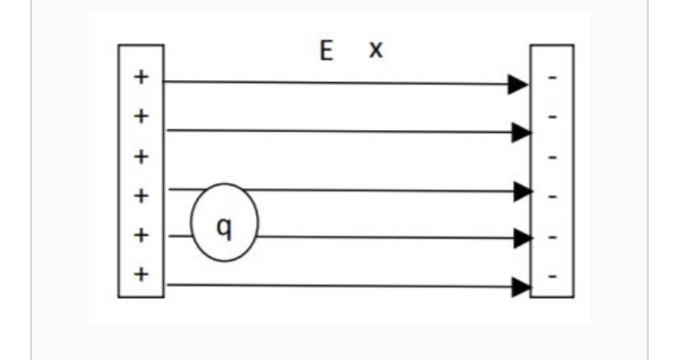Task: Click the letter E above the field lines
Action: (x=326, y=51)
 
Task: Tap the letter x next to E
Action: (x=376, y=50)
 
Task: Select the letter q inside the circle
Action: (x=224, y=228)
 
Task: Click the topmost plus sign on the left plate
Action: (x=141, y=77)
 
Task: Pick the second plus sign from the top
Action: (x=141, y=117)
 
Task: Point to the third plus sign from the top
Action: (x=141, y=156)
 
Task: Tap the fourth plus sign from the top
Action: (x=141, y=196)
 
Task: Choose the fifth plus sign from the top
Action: (x=141, y=236)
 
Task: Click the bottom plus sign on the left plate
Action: (x=141, y=274)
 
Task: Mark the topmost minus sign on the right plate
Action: (x=552, y=78)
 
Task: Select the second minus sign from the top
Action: (x=552, y=117)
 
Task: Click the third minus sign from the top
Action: (x=552, y=157)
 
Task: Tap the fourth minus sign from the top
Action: (x=552, y=197)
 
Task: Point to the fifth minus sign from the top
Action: (x=552, y=237)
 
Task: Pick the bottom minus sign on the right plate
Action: (x=552, y=275)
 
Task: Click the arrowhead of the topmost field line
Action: (x=518, y=85)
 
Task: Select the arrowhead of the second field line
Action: (x=522, y=132)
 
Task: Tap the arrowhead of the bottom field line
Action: (x=522, y=287)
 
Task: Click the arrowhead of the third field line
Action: (x=523, y=191)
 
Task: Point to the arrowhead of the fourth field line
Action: (x=523, y=238)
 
